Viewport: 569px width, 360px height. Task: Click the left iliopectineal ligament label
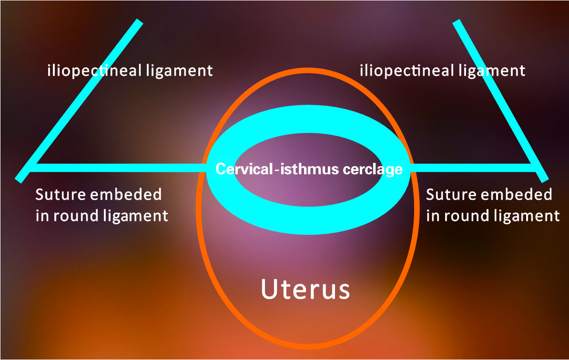coord(130,71)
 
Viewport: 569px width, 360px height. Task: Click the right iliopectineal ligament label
coord(442,71)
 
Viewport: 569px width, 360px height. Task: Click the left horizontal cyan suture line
coord(119,167)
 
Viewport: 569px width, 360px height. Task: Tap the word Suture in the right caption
coord(449,195)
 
